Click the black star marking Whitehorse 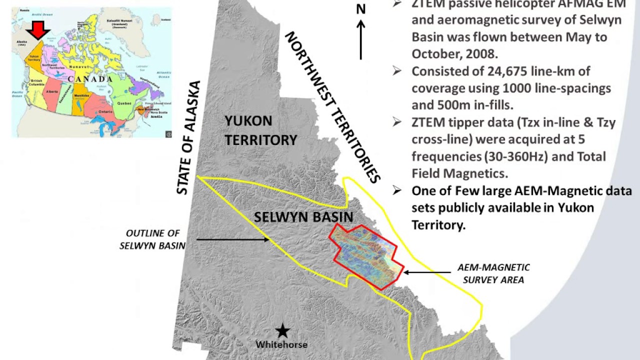click(x=283, y=330)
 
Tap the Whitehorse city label click(x=281, y=344)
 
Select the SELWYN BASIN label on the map click(x=303, y=217)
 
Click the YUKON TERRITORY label click(x=260, y=130)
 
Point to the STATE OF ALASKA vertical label click(x=188, y=138)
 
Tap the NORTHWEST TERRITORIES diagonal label click(x=333, y=107)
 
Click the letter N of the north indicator click(x=360, y=9)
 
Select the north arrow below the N click(x=360, y=40)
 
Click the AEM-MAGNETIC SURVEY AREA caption click(x=493, y=274)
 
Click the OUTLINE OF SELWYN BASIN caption click(x=152, y=239)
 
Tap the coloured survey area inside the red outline click(x=365, y=255)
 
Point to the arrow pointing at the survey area click(x=427, y=272)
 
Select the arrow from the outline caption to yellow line click(x=232, y=239)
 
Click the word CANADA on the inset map click(x=90, y=79)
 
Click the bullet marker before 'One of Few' click(x=397, y=190)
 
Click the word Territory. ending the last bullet click(x=438, y=225)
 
